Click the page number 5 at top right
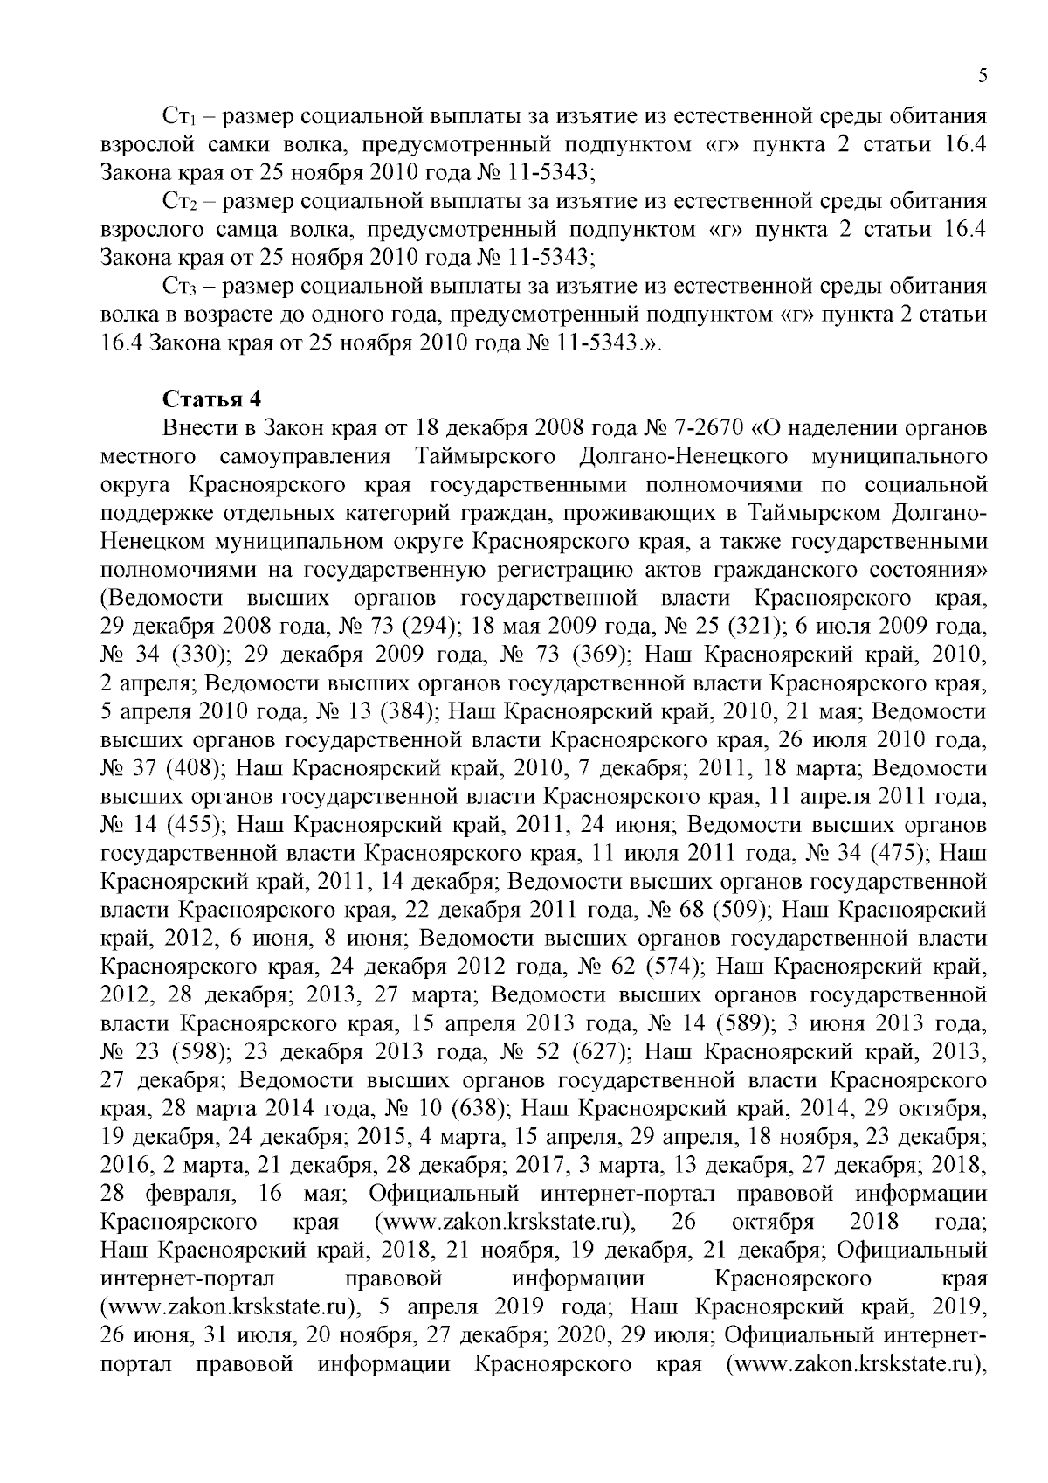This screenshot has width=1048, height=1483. point(982,77)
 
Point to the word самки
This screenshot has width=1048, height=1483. point(236,146)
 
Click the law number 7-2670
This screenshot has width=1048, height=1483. point(707,429)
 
